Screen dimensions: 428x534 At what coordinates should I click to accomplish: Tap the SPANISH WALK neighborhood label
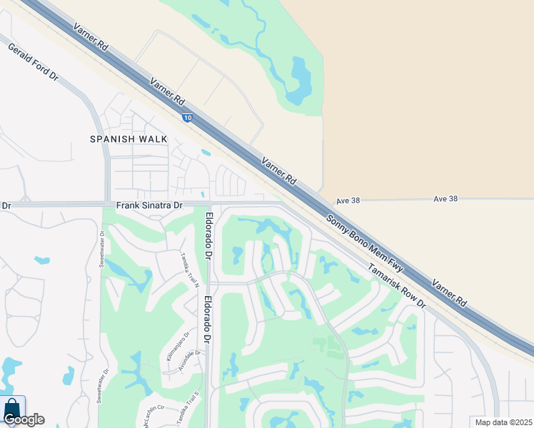point(129,139)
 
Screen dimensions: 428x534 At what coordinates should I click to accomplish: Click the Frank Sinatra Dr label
point(150,205)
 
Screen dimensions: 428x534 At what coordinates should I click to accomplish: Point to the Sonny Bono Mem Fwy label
point(365,243)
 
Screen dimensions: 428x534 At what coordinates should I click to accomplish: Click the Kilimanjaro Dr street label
point(178,346)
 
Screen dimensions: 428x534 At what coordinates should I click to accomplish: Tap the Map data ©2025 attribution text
point(503,422)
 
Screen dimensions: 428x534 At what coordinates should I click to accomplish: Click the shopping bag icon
point(12,408)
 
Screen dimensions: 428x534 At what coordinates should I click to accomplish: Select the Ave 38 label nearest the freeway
point(347,201)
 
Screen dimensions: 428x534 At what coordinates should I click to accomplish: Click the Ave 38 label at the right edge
point(445,198)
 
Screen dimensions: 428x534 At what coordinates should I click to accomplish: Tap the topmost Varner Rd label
point(91,36)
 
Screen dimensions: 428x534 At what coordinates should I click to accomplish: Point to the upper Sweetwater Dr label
point(102,249)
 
